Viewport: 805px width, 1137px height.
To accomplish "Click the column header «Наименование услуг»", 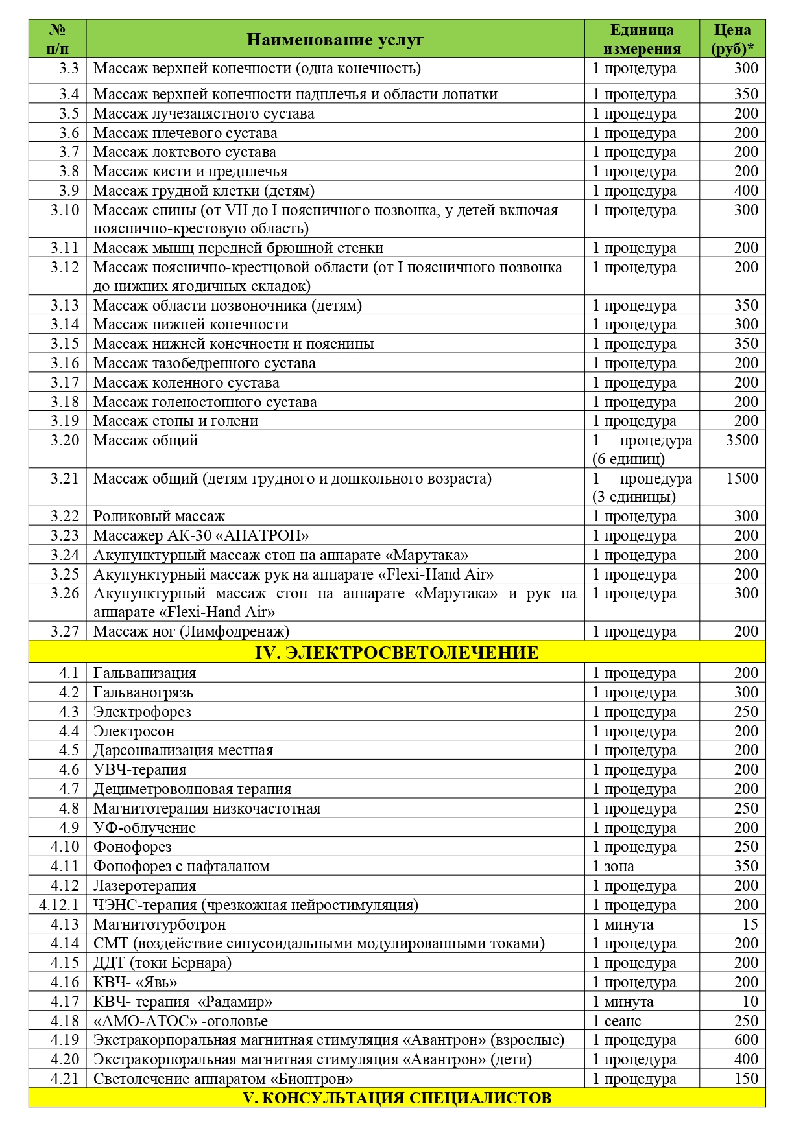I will (x=335, y=40).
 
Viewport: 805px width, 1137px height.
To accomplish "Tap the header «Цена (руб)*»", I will (x=732, y=40).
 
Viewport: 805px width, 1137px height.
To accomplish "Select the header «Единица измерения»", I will (x=642, y=40).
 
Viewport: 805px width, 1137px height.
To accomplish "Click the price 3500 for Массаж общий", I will (x=741, y=440).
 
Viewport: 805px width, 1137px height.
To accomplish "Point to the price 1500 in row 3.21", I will (x=741, y=478).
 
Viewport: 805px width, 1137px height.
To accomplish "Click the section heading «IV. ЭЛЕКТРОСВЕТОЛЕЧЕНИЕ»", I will (x=396, y=652).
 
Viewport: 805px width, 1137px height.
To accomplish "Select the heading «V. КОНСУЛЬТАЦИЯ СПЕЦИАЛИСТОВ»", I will (x=396, y=1097).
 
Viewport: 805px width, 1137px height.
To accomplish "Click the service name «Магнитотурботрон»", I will (x=160, y=924).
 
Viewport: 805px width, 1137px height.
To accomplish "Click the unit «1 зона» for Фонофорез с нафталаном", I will (x=613, y=866).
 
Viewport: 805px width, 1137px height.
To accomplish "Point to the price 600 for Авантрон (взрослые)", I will (x=746, y=1040).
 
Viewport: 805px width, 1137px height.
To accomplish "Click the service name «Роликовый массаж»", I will (x=159, y=517).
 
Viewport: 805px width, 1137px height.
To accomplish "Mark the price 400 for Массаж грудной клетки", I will (x=746, y=191).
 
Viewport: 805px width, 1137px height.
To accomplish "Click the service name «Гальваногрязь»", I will (x=143, y=692).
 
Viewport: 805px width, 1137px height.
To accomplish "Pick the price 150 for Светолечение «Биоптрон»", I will (x=746, y=1079).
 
